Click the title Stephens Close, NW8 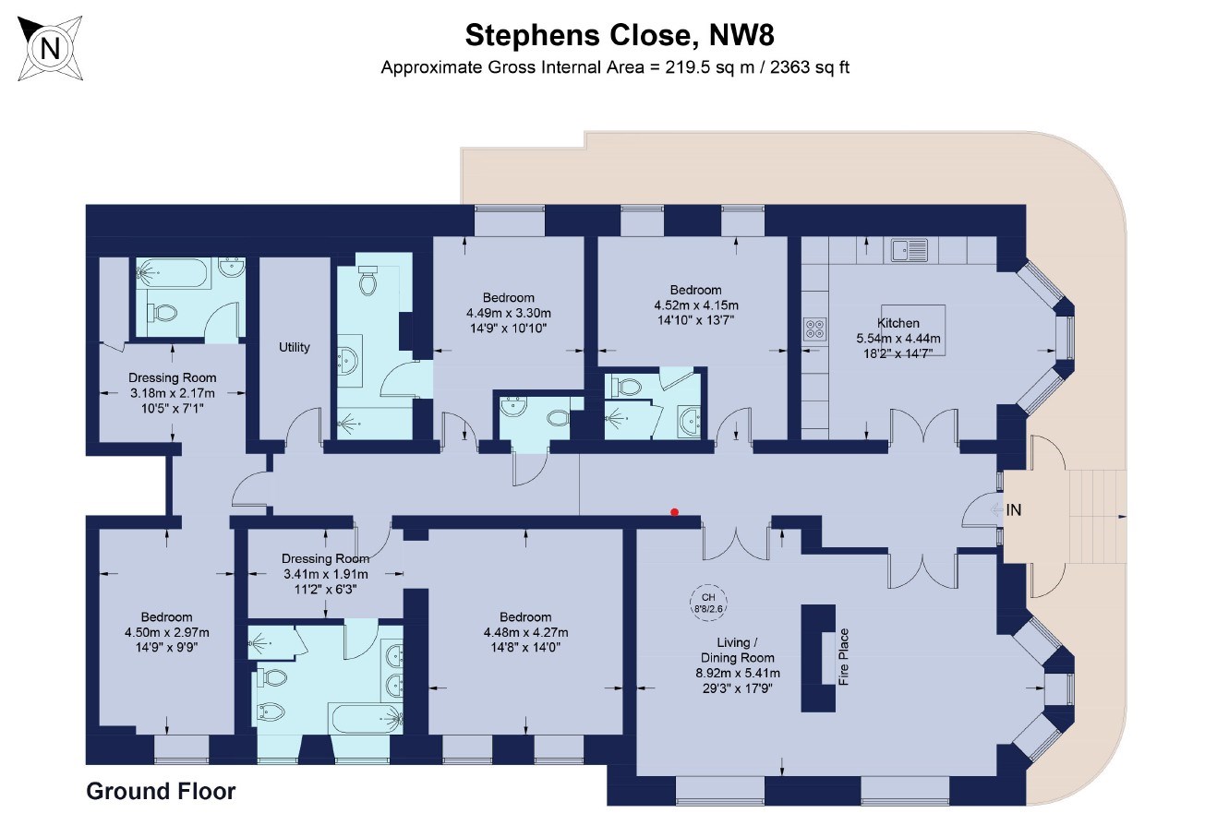coord(619,35)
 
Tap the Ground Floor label coord(161,791)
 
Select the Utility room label coord(295,348)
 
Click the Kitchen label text coord(898,323)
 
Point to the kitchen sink coord(910,249)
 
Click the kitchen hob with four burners coord(814,329)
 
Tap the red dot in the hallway coord(675,512)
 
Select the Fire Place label coord(842,657)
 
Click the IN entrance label coord(1014,510)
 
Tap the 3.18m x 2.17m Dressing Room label coord(173,392)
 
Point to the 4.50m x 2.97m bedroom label coord(167,632)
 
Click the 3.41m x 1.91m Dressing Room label coord(325,574)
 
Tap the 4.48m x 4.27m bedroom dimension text coord(525,632)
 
